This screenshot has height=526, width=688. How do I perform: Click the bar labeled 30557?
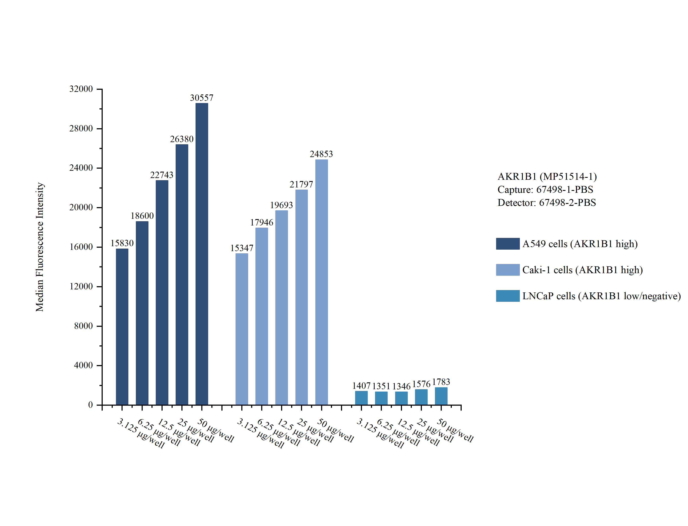[x=202, y=254]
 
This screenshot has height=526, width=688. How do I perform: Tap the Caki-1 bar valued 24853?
[x=322, y=282]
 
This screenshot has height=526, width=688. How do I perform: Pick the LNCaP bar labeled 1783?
[x=441, y=396]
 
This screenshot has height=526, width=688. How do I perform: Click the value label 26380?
[x=182, y=139]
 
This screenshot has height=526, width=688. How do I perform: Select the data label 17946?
[x=262, y=223]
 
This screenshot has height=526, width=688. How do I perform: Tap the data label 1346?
[x=401, y=386]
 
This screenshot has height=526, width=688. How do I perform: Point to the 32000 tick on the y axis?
[x=81, y=89]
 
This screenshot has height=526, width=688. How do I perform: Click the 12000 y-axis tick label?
[x=81, y=286]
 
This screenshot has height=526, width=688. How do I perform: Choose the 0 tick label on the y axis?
[x=90, y=405]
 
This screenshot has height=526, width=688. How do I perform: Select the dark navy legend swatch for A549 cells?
[x=507, y=244]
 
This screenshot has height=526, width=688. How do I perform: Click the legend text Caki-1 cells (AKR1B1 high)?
[x=582, y=270]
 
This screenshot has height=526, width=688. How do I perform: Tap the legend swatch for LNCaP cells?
[x=507, y=296]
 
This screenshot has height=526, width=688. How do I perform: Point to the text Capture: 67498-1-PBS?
[x=545, y=189]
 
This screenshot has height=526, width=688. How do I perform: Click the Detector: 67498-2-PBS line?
[x=546, y=203]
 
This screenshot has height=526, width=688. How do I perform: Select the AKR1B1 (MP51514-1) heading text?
[x=547, y=177]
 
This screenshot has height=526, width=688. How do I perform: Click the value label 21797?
[x=301, y=184]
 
